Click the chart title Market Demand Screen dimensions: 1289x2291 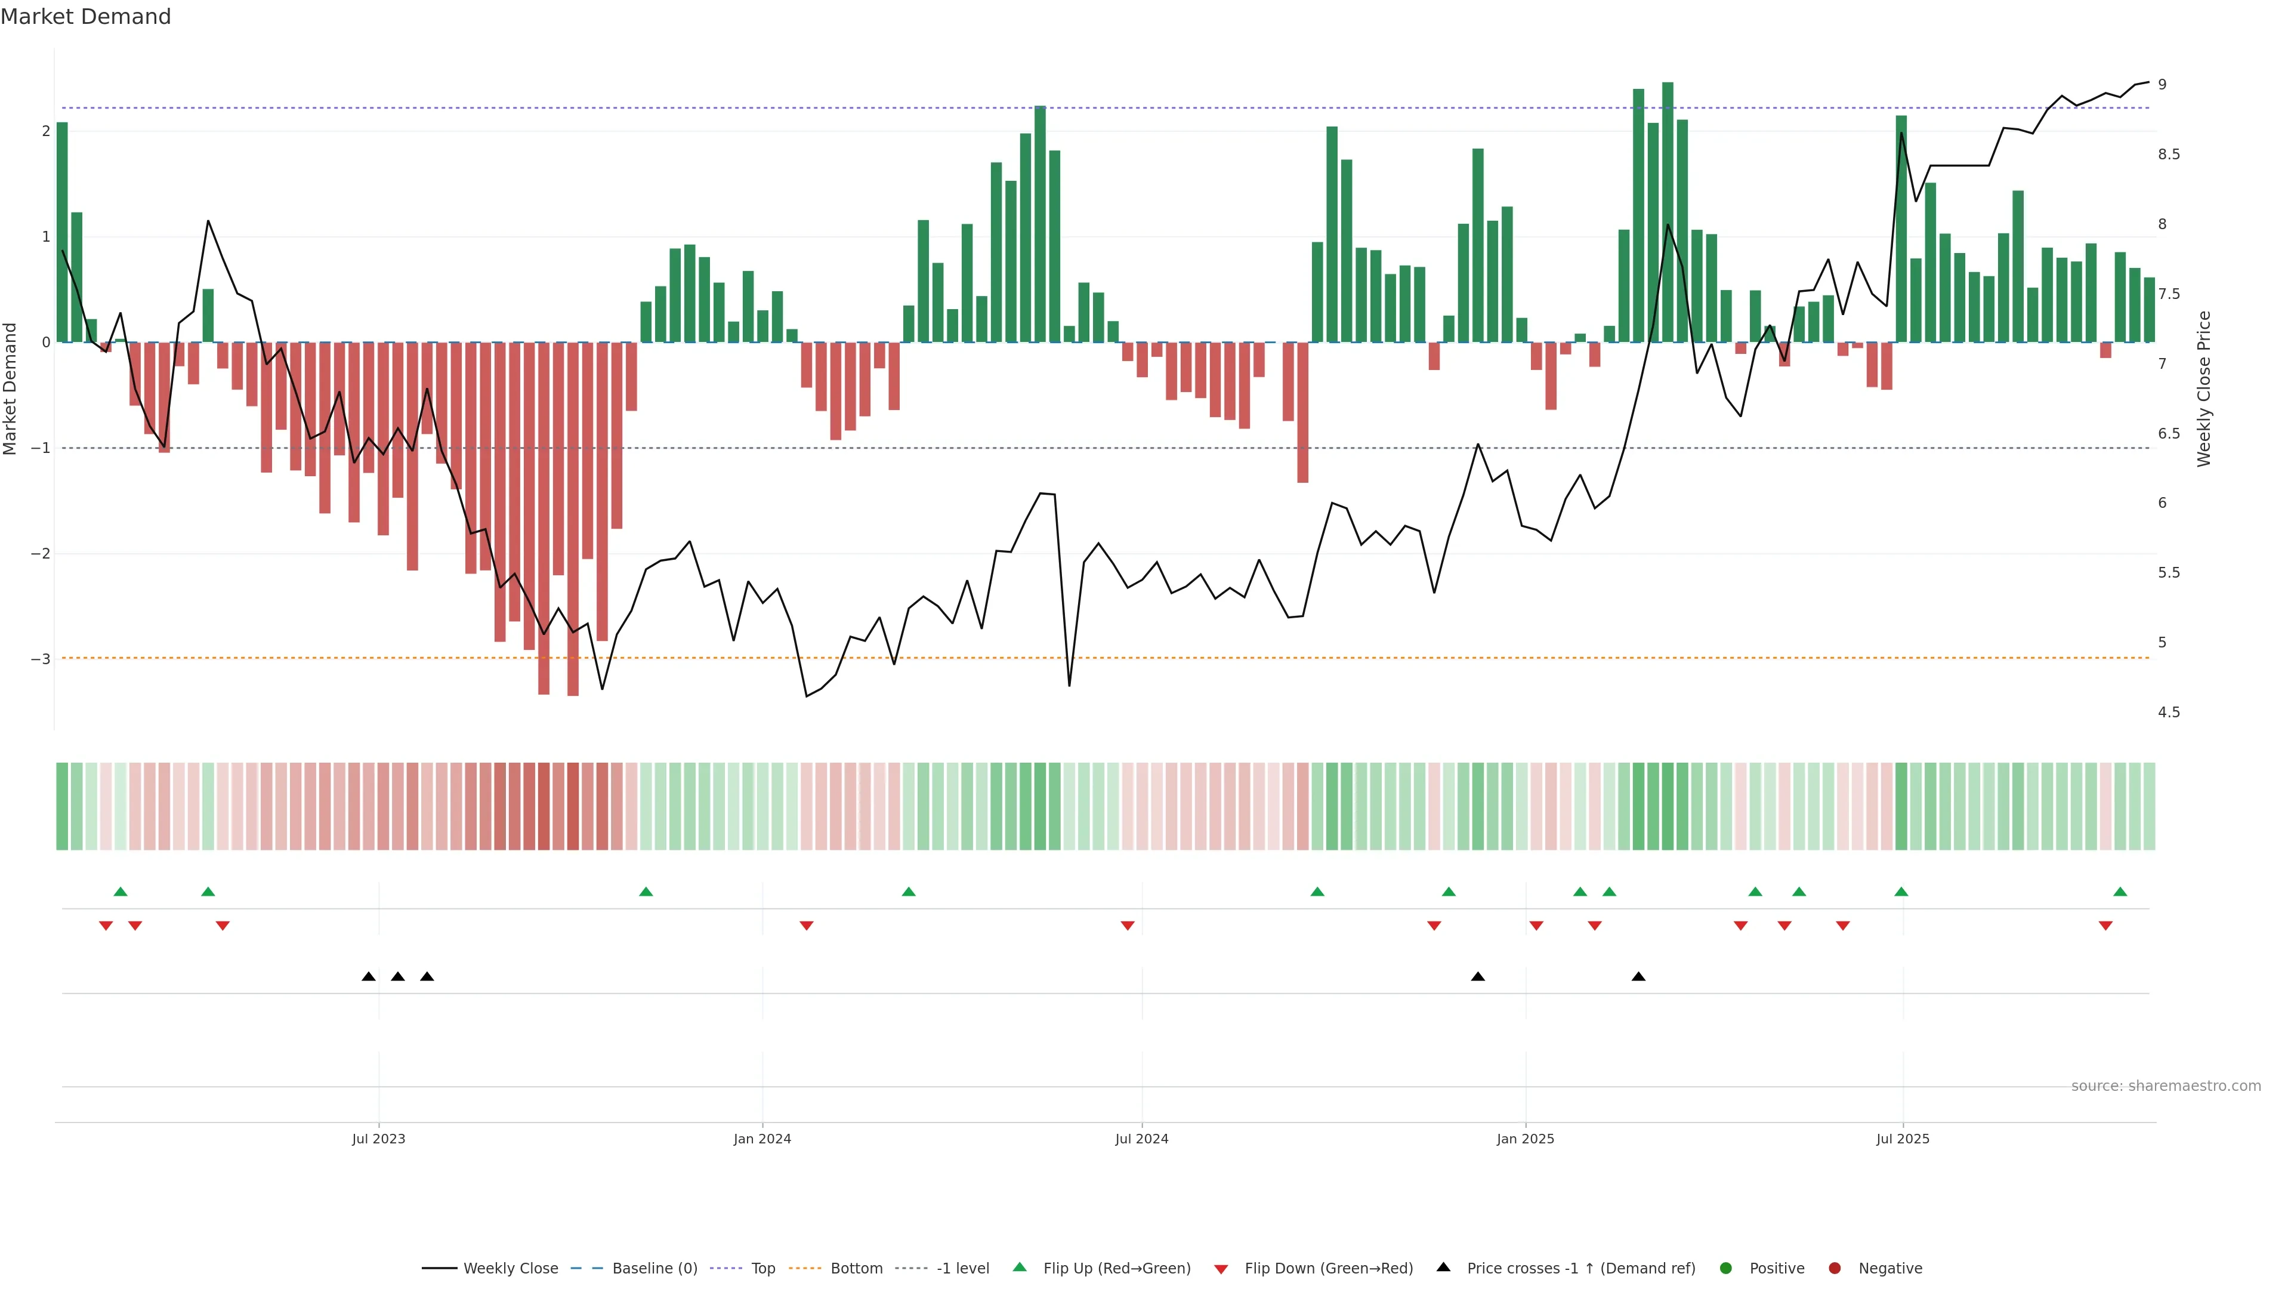85,17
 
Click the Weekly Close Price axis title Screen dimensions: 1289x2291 2203,388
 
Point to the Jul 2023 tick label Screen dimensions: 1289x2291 378,1139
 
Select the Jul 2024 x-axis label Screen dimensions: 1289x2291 1141,1139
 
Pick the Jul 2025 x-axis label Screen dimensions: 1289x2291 1903,1139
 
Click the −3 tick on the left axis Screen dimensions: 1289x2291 40,659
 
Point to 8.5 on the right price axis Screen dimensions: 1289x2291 2168,155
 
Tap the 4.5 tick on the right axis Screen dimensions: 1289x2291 2168,713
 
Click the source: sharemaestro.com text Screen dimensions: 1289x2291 2166,1086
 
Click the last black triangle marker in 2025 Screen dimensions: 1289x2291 1638,977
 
